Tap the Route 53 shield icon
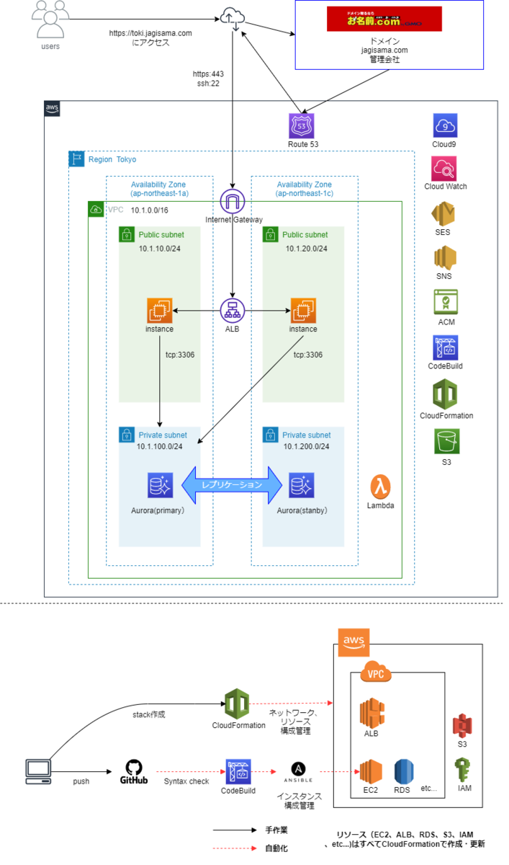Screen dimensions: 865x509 (302, 125)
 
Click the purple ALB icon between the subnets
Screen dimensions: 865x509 (233, 310)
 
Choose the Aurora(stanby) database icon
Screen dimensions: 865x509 (301, 487)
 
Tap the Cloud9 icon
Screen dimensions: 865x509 (445, 125)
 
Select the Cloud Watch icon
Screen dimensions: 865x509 (445, 169)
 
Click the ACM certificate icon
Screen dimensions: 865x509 (445, 301)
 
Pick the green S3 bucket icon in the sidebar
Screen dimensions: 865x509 (445, 441)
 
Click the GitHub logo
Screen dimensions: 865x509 (134, 768)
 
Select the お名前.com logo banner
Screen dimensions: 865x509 (384, 19)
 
